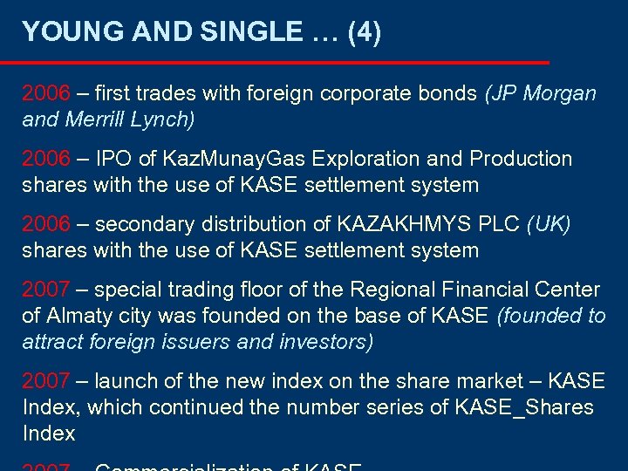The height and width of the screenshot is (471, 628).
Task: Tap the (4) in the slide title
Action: pyautogui.click(x=364, y=32)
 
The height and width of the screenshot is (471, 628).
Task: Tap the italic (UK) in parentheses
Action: pyautogui.click(x=549, y=224)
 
